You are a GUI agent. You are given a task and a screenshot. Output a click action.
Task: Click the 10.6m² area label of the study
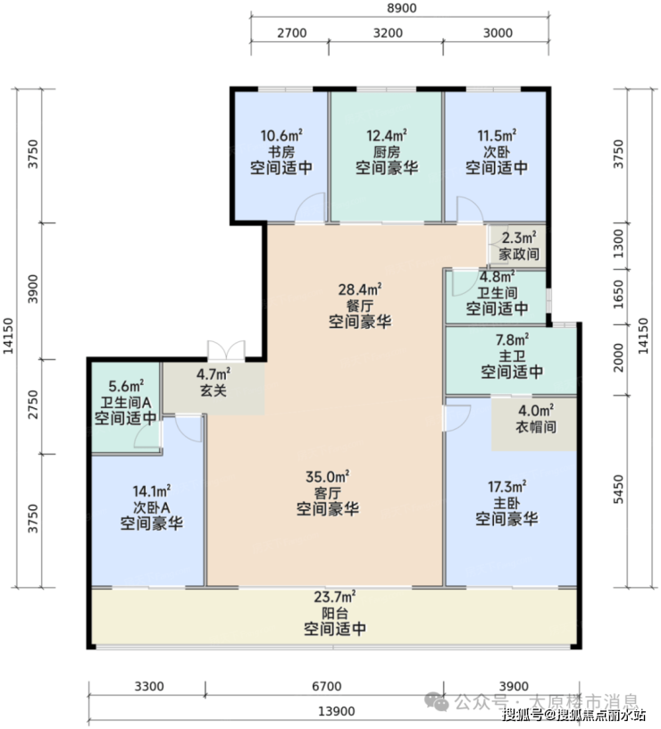click(281, 136)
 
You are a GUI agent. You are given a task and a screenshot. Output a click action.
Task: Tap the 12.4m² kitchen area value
click(387, 136)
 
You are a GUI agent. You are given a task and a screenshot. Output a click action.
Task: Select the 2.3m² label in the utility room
click(519, 238)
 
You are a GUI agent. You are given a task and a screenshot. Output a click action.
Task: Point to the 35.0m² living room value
click(327, 477)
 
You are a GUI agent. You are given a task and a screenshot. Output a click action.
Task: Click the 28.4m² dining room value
click(360, 289)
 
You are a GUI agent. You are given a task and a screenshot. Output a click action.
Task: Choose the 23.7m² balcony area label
click(335, 597)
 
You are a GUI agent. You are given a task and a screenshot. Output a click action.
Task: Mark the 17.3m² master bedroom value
click(506, 487)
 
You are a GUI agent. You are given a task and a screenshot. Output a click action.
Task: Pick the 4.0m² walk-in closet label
click(535, 411)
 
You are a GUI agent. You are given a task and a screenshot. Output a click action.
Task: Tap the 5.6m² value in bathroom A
click(126, 386)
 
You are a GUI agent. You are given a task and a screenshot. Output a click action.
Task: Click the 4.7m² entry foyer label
click(213, 373)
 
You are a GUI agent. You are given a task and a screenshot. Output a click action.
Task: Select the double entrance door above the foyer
click(226, 350)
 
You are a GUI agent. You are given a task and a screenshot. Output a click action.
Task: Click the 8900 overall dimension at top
click(402, 8)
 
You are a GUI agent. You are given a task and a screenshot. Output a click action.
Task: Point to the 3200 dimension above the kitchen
click(388, 33)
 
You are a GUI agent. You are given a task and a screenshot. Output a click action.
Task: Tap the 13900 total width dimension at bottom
click(337, 711)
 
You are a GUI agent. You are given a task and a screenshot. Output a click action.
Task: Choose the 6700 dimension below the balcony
click(326, 686)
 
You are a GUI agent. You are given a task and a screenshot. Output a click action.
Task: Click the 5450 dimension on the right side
click(618, 489)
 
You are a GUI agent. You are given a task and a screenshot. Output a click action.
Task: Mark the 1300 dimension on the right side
click(618, 244)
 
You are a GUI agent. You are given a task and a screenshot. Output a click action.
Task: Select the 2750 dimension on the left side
click(32, 405)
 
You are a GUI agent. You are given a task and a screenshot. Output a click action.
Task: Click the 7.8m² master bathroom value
click(512, 340)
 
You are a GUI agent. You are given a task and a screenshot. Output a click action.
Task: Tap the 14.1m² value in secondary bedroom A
click(152, 491)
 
